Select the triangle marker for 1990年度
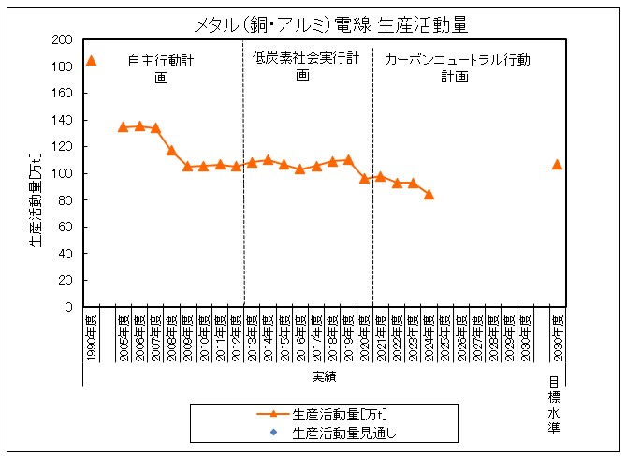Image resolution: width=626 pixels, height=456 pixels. click(x=91, y=61)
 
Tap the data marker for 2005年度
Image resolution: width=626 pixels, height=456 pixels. click(x=123, y=126)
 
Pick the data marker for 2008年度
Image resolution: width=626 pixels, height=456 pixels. click(x=171, y=150)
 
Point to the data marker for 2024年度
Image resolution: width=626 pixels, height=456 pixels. click(x=429, y=194)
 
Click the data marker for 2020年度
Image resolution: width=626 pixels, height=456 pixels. click(x=364, y=178)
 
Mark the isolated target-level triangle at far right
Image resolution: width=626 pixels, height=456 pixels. click(x=557, y=164)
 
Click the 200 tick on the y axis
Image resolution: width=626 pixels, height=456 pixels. click(x=63, y=40)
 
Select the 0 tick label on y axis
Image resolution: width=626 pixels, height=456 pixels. click(x=68, y=307)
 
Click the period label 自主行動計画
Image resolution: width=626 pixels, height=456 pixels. click(x=161, y=68)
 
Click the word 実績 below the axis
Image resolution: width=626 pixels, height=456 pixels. click(x=324, y=376)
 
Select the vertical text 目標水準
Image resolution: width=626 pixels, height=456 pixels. click(x=554, y=405)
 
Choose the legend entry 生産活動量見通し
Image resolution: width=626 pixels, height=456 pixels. click(x=337, y=433)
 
